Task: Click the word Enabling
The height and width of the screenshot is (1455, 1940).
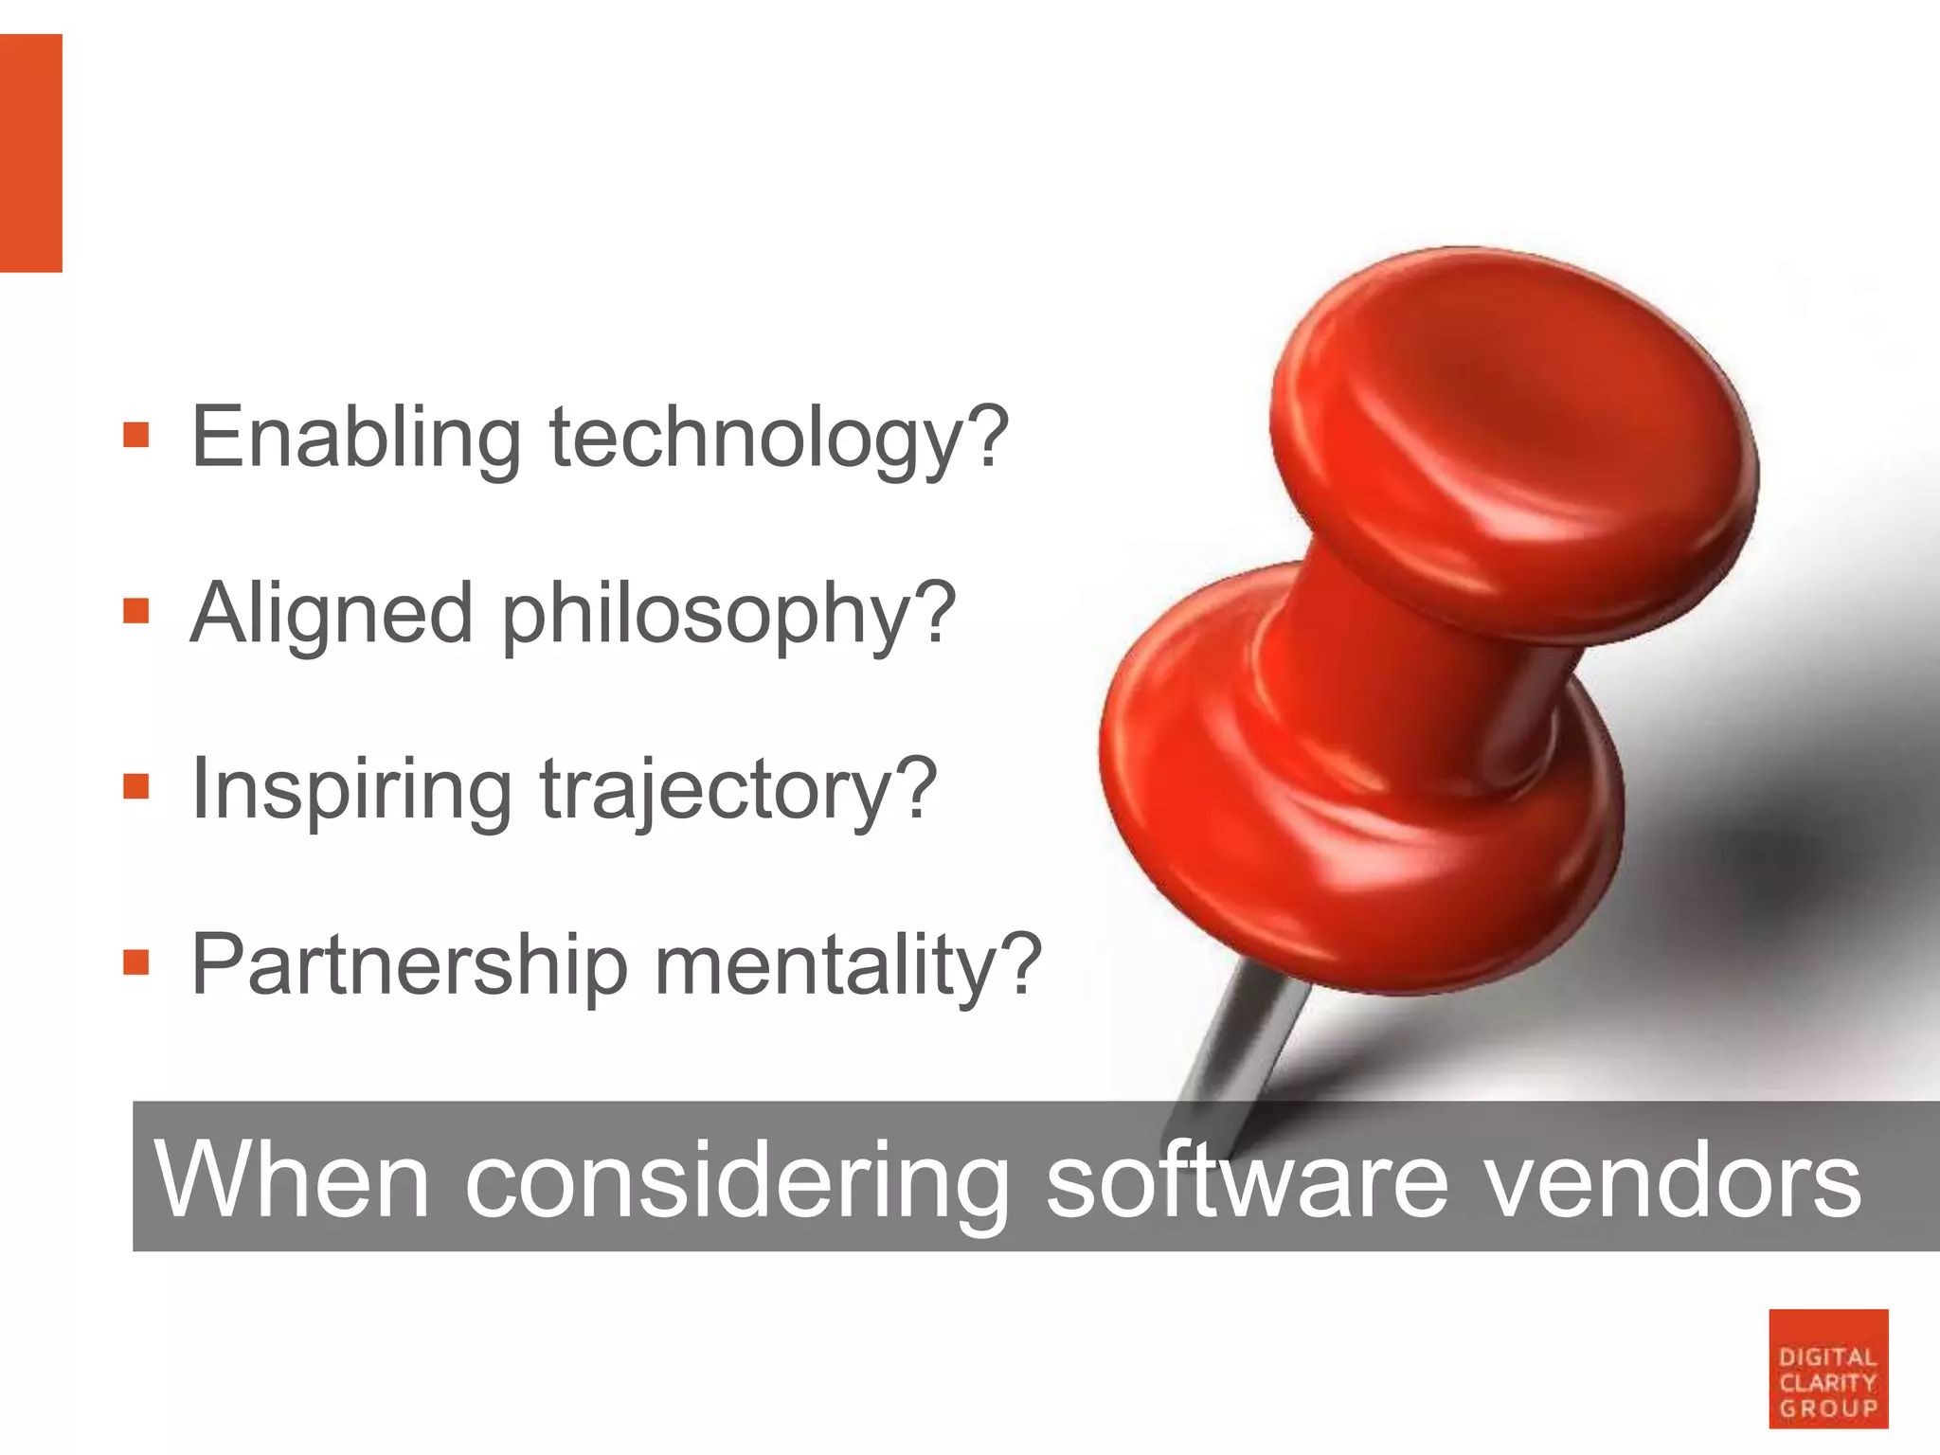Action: (x=356, y=438)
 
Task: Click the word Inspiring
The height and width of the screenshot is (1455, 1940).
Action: (x=350, y=789)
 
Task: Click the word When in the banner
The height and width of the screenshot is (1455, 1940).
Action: (x=292, y=1180)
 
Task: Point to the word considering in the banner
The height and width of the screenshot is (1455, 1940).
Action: (x=737, y=1180)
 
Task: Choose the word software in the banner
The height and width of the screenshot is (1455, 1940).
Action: (x=1247, y=1180)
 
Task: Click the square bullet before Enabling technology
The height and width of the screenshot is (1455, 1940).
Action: (x=136, y=436)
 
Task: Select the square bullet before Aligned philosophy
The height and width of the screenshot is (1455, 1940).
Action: (x=136, y=611)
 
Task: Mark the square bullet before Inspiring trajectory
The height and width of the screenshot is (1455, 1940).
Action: (x=136, y=786)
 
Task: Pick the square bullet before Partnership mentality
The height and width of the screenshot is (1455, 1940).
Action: (x=136, y=962)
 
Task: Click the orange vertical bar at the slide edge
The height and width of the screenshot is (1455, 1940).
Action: (x=30, y=153)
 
